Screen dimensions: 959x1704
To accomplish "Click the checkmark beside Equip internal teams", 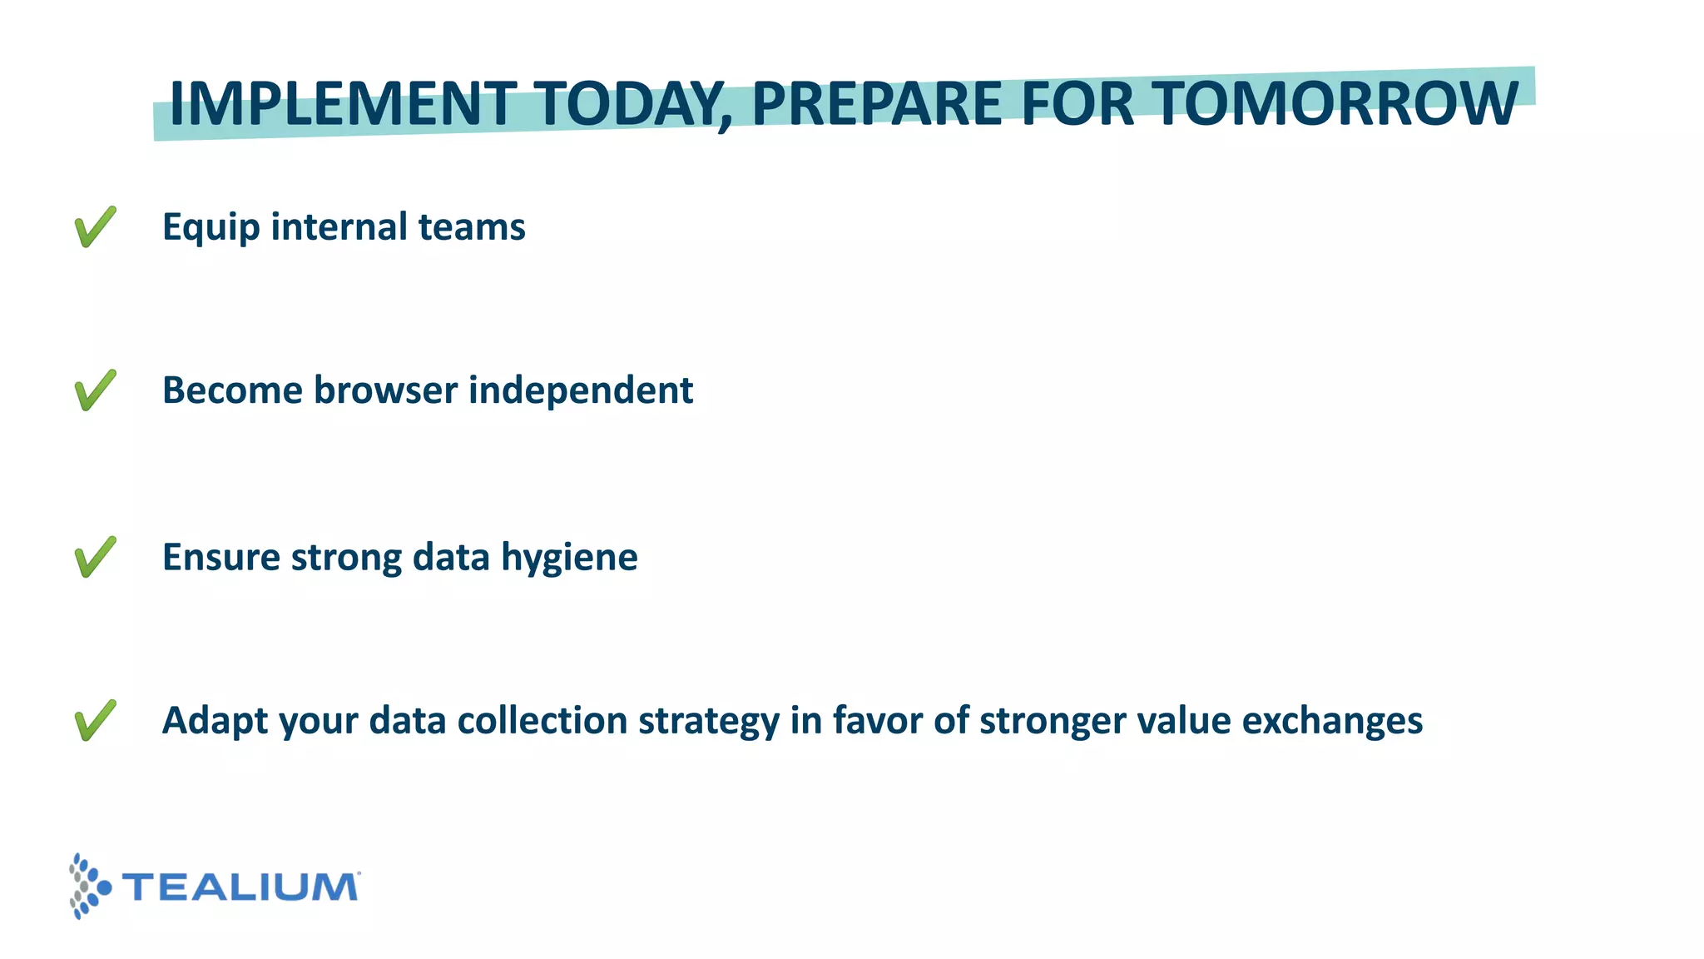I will click(x=95, y=226).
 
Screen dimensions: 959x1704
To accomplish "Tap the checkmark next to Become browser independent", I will click(x=95, y=390).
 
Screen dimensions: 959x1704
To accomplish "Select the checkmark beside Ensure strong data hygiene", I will click(x=95, y=557).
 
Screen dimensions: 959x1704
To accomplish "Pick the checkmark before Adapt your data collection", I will click(x=95, y=720).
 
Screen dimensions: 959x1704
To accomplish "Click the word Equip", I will click(x=211, y=228).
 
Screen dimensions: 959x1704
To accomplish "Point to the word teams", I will click(x=471, y=226).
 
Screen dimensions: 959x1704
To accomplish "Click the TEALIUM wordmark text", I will click(x=241, y=887).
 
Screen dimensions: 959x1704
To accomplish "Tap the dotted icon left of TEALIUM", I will click(x=88, y=886).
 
